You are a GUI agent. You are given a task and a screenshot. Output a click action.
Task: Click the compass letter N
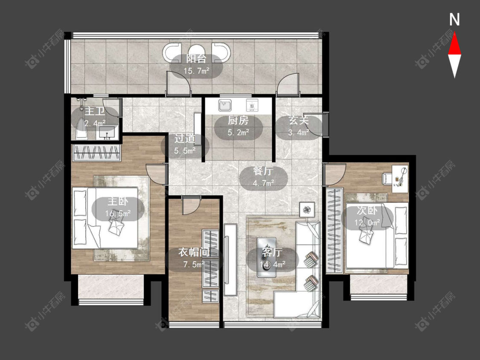[454, 20]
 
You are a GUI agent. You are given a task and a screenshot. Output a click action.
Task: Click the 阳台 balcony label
[196, 58]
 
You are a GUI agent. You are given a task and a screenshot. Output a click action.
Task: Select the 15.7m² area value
[196, 71]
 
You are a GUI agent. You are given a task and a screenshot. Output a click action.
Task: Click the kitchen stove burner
[253, 106]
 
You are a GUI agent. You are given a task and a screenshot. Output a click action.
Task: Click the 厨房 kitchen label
[238, 121]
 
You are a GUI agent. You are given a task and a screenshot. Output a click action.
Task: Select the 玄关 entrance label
[299, 120]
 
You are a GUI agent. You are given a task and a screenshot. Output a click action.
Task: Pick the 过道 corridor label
[185, 139]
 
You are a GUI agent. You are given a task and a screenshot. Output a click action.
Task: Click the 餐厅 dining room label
[263, 171]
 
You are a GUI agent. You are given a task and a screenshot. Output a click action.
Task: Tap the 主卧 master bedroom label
[118, 201]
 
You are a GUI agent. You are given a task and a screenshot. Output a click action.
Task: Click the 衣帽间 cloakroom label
[194, 252]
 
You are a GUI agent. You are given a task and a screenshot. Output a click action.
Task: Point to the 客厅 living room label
[272, 252]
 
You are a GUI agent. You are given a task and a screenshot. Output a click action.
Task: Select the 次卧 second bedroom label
[367, 211]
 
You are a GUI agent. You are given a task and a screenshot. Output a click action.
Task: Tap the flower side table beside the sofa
[307, 210]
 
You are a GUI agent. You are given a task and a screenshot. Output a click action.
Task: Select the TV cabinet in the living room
[230, 260]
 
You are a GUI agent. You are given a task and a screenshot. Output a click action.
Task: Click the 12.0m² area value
[367, 223]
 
